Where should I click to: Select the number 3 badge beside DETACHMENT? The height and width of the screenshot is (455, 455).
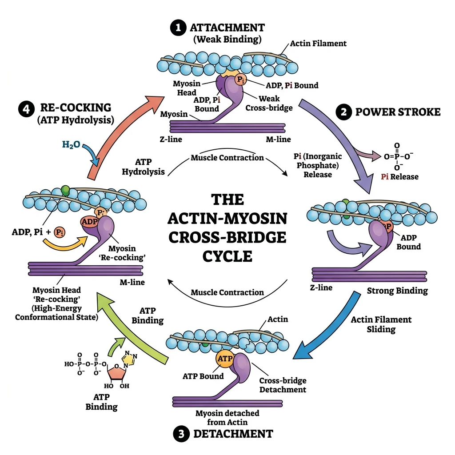181,434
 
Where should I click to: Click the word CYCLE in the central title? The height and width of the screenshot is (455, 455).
227,257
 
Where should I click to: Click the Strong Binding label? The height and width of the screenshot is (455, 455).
397,291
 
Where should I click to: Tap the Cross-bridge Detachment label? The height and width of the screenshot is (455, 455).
283,385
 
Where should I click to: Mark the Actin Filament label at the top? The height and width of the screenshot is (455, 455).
318,44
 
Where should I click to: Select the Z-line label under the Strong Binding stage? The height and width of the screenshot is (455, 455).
321,287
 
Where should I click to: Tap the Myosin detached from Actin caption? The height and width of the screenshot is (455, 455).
227,418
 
